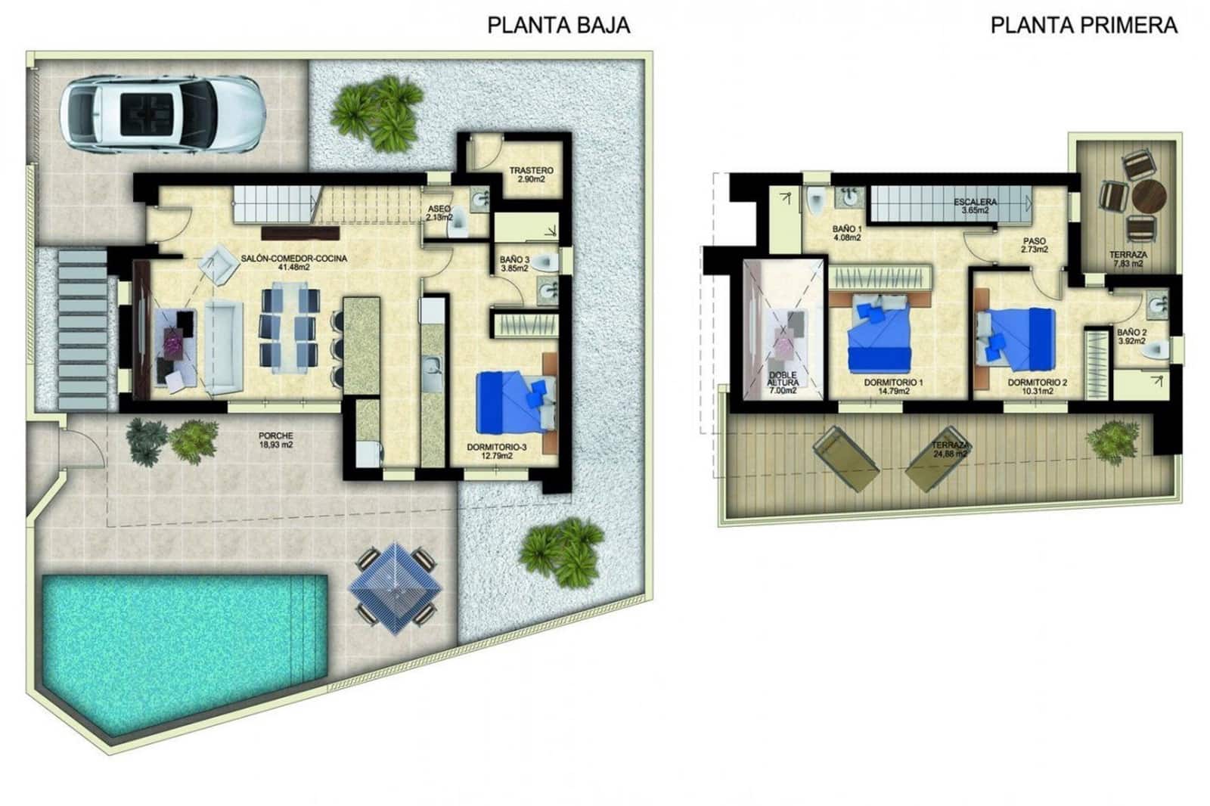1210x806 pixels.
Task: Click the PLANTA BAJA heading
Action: (x=558, y=25)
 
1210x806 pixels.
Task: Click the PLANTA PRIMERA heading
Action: (x=1083, y=25)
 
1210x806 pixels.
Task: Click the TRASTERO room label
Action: (x=531, y=175)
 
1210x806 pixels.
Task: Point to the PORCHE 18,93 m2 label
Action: (x=275, y=440)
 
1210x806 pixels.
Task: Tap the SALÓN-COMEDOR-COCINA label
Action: (x=293, y=262)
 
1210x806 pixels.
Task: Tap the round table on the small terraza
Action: (x=1148, y=196)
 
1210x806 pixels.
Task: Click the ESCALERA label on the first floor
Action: (x=975, y=206)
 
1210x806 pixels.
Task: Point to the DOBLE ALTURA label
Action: (x=782, y=383)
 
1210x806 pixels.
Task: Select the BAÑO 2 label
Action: (x=1131, y=336)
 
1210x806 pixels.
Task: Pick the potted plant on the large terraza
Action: (x=1112, y=439)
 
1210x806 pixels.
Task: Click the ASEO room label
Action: (x=439, y=212)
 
